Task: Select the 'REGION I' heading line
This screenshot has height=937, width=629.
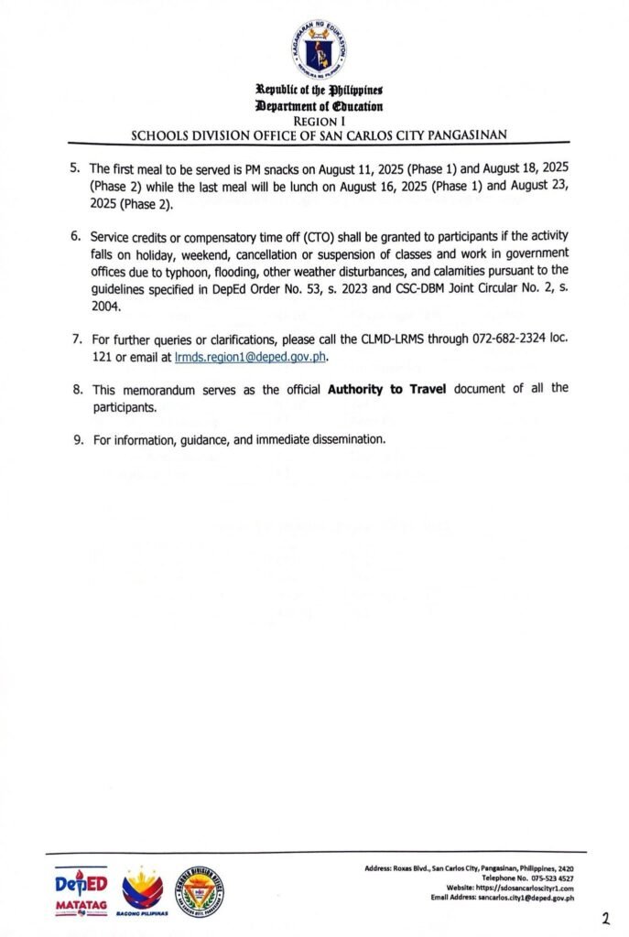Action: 314,120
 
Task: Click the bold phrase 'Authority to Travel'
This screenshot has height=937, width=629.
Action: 386,388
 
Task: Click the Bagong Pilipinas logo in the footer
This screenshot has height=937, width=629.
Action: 143,893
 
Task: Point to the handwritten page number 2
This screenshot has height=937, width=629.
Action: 605,918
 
